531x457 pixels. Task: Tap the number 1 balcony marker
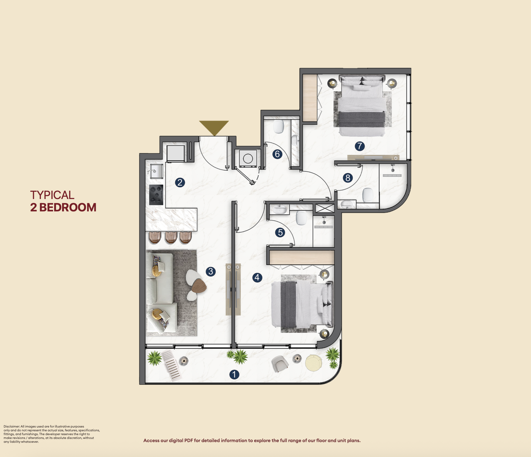click(234, 375)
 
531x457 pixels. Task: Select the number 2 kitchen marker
click(180, 183)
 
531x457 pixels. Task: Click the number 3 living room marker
click(211, 271)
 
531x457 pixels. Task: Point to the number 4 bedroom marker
click(257, 278)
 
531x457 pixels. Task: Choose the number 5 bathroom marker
click(280, 233)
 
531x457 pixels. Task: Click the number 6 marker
click(277, 154)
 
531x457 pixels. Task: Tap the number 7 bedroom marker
click(359, 146)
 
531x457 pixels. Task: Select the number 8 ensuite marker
click(348, 178)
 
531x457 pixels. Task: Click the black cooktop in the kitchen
click(156, 195)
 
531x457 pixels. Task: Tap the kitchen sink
click(156, 171)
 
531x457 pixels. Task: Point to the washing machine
click(248, 158)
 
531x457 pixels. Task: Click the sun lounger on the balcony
click(171, 365)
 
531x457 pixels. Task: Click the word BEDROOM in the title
click(68, 207)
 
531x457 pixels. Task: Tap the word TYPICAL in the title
click(52, 195)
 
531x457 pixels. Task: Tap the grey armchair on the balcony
click(280, 363)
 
